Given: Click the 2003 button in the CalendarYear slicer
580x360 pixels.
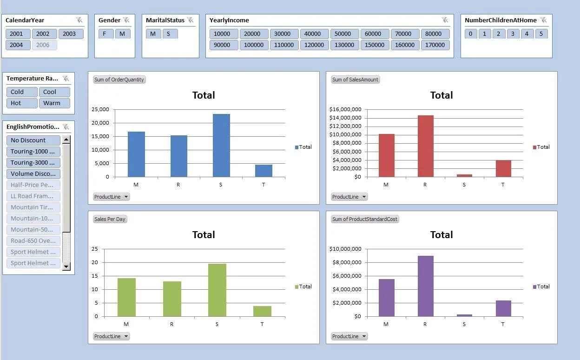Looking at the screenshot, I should coord(69,33).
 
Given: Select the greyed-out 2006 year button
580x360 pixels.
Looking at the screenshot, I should coord(43,45).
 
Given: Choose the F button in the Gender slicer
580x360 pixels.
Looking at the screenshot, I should coord(105,33).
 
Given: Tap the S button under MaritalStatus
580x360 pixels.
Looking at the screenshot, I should coord(168,33).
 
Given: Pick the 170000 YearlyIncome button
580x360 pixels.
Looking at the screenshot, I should coord(435,45).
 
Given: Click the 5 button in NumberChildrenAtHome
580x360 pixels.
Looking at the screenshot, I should coord(541,33).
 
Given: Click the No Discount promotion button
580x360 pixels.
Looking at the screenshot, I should coord(33,140).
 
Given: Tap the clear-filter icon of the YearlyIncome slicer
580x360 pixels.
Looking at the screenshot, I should coord(445,20).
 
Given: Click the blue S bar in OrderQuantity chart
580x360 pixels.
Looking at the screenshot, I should coord(221,145).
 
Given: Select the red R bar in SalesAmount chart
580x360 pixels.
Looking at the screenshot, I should coord(425,146).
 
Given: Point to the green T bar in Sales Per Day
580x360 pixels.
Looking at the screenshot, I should coord(262,311).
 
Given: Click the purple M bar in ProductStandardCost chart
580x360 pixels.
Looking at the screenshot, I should coord(386,297).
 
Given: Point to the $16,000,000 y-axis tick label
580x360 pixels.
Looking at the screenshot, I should coord(345,109).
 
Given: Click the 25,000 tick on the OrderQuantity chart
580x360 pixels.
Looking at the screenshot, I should coord(101,109).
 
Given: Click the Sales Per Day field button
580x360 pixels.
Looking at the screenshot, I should coord(110,219).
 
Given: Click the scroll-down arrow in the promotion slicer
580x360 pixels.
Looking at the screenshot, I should coord(66,267).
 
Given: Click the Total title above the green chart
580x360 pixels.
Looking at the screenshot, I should coord(204,234).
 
